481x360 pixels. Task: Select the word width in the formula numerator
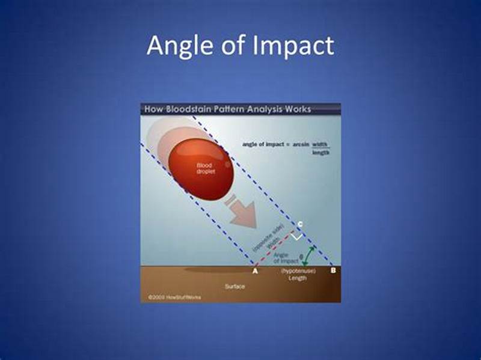point(321,144)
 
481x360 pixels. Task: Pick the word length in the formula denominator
point(321,153)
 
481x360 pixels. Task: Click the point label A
point(255,272)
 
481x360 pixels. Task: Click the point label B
point(333,272)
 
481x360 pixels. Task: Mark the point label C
point(300,224)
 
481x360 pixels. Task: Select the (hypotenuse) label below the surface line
point(297,272)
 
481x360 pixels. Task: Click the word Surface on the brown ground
point(234,287)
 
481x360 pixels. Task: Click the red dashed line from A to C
point(274,247)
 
